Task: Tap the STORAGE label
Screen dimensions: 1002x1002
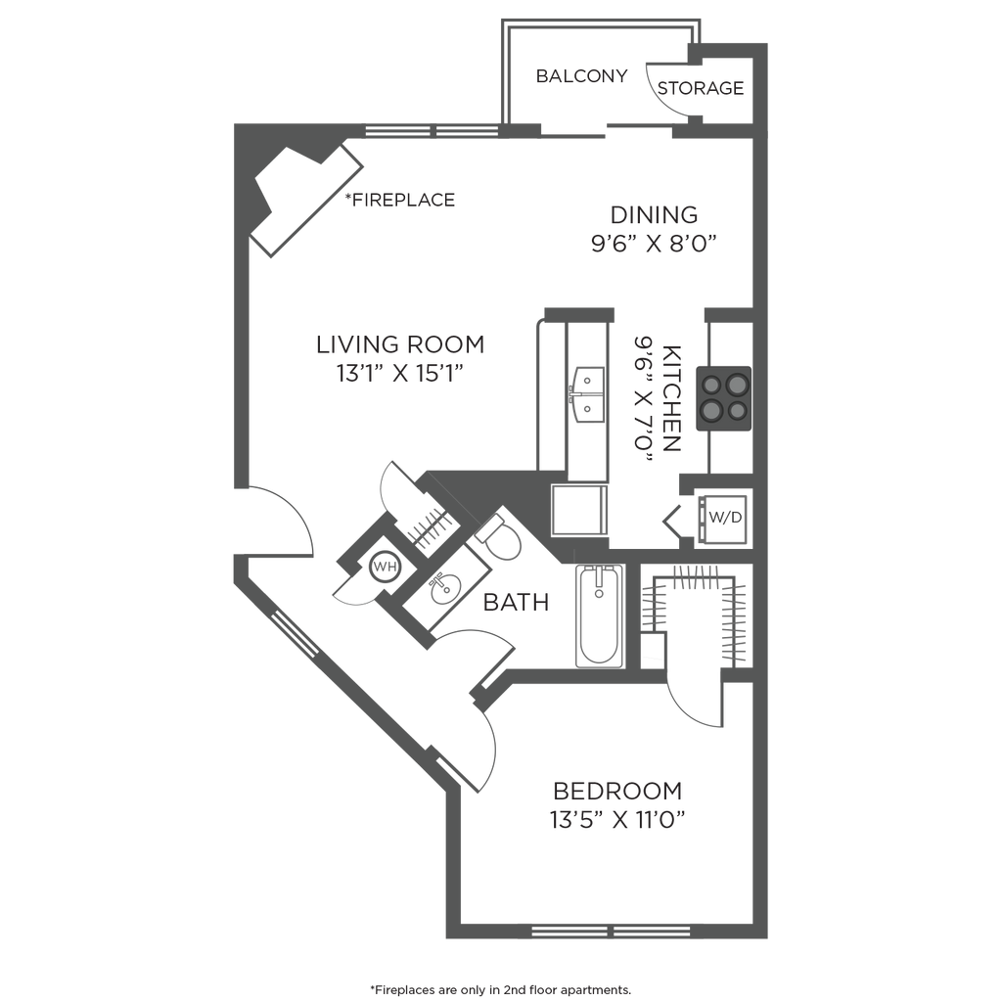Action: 703,88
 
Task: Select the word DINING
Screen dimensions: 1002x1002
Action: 654,214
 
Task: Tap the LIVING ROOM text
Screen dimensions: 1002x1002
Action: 399,344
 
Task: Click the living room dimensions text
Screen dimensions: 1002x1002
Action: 399,373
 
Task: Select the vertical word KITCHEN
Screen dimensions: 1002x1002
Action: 670,396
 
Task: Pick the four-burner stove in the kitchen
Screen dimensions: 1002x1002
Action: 722,397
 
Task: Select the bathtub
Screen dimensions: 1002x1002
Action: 597,616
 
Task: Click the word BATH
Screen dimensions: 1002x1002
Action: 517,604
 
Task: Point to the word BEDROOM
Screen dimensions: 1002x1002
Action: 616,791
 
